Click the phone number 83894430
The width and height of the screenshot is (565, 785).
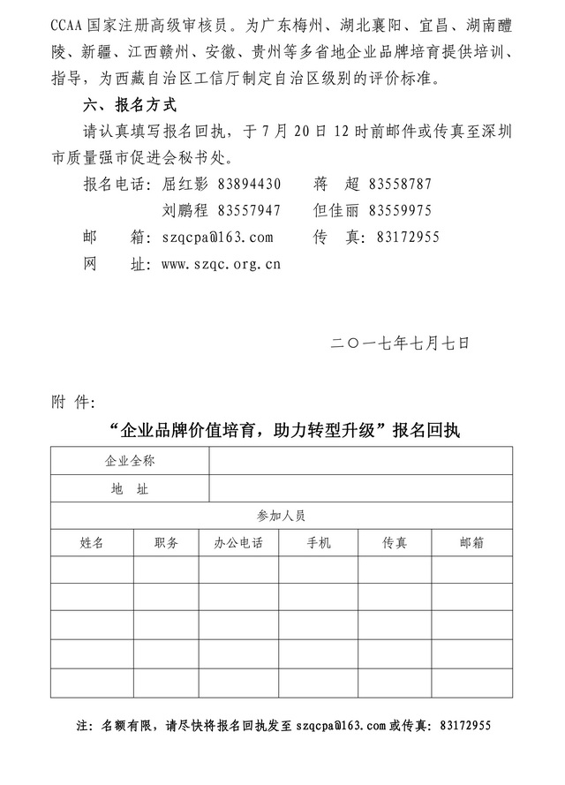coord(249,185)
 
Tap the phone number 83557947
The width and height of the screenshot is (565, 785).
coord(249,211)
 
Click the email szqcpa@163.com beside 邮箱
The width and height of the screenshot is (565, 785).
coord(218,238)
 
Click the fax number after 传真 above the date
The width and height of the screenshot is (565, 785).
coord(408,238)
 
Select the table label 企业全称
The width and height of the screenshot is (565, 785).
coord(130,461)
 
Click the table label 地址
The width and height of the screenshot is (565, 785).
coord(130,488)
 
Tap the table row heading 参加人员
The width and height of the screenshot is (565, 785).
coord(282,516)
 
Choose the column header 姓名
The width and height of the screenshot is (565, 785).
coord(92,543)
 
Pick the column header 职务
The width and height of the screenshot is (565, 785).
coord(166,543)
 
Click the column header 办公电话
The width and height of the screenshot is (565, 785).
coord(239,543)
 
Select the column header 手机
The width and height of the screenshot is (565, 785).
coord(319,543)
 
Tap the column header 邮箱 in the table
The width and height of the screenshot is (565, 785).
coord(472,543)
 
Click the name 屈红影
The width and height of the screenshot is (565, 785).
coord(185,185)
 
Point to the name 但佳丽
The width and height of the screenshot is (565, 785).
coord(337,211)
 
